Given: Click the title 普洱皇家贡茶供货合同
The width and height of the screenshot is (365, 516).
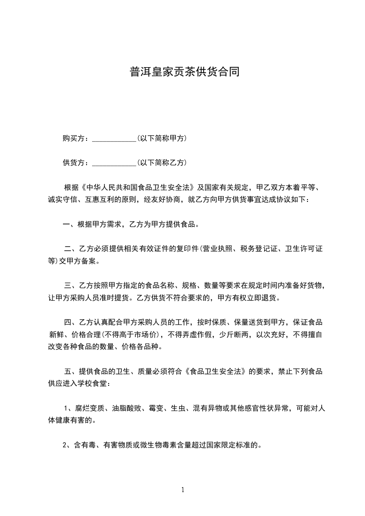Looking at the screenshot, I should (185, 72).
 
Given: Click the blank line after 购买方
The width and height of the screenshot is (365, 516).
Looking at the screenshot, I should (114, 138).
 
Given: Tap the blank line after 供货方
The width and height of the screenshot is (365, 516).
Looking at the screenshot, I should (114, 163).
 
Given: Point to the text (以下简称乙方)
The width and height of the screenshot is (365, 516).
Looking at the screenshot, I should (162, 163).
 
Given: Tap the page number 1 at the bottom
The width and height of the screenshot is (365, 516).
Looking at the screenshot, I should (183, 490).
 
